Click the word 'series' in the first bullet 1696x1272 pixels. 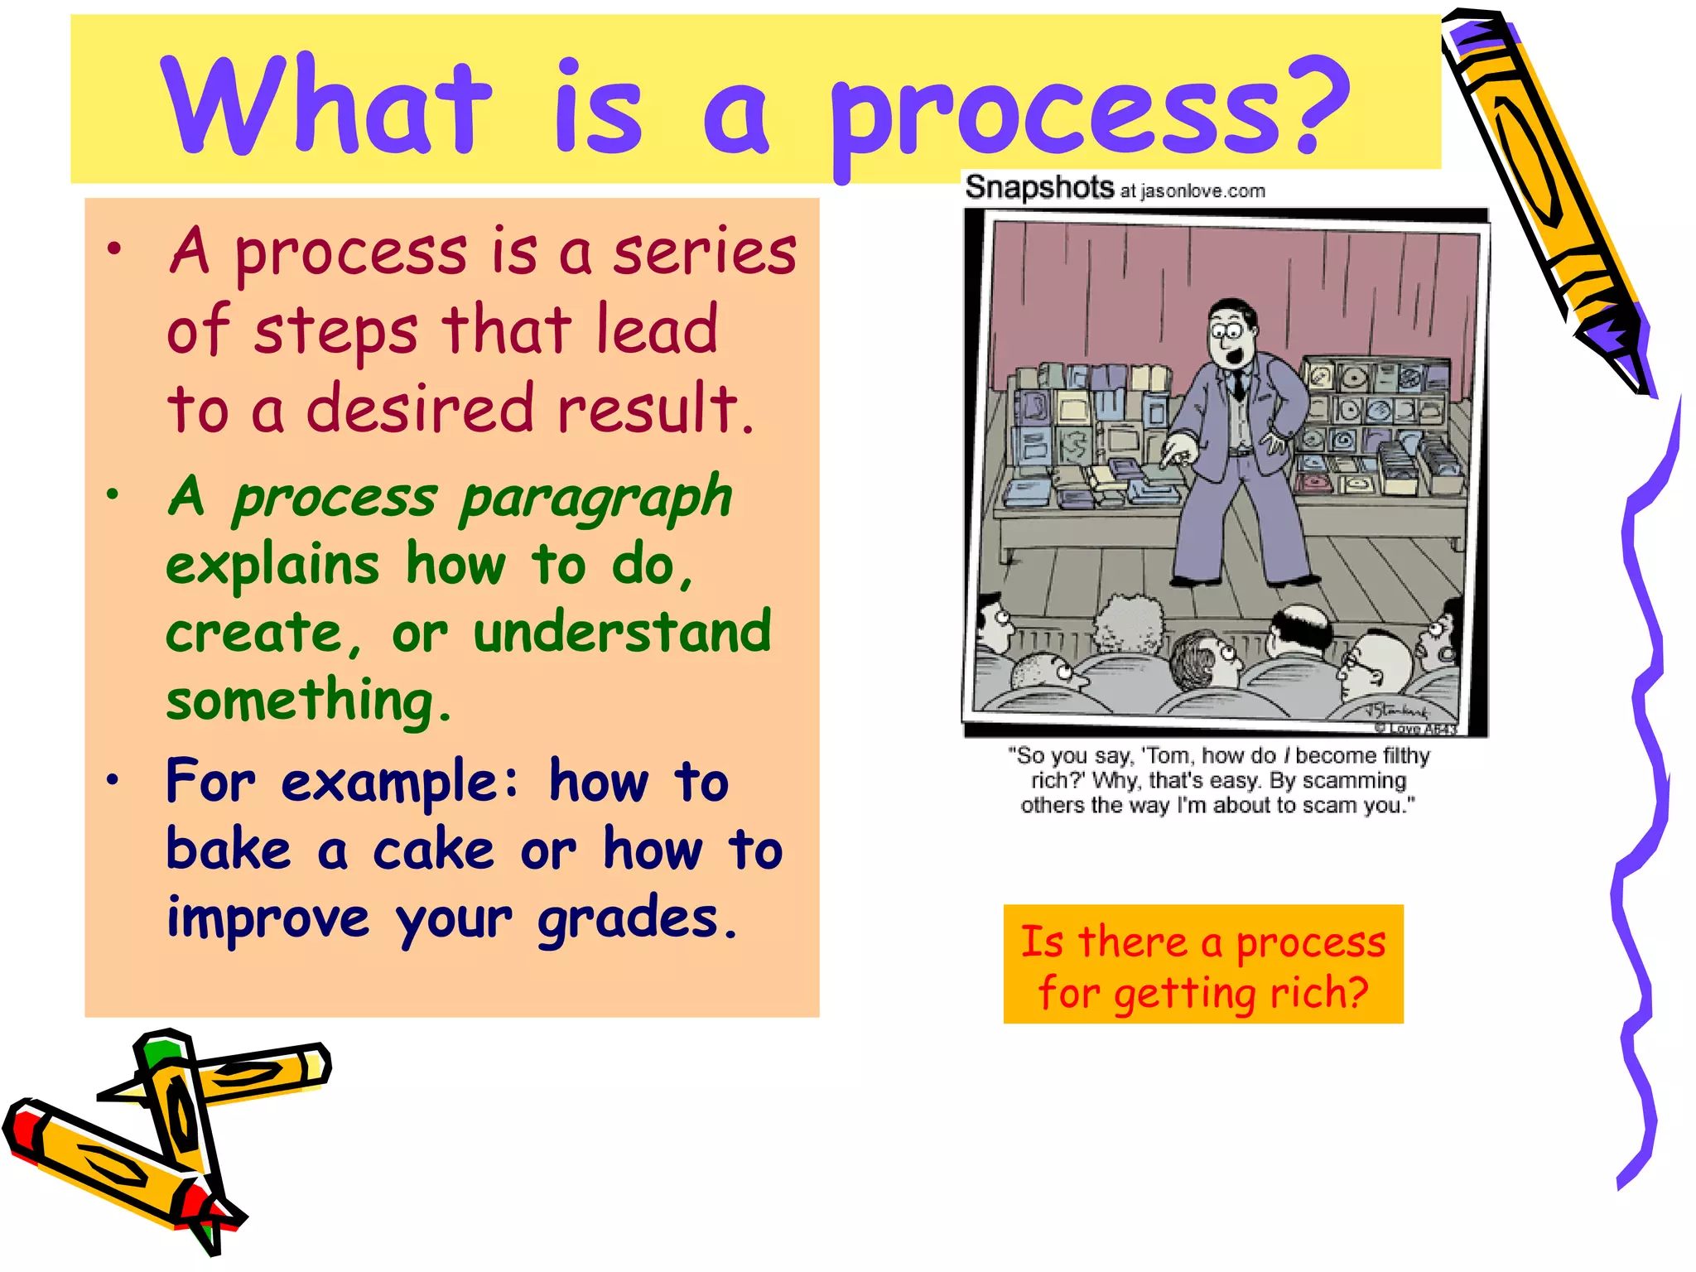(x=704, y=252)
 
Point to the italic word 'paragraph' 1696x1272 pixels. (x=595, y=499)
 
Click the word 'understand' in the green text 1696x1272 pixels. (x=622, y=632)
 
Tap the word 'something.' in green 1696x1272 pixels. (x=308, y=701)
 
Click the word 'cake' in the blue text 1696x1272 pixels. (x=433, y=850)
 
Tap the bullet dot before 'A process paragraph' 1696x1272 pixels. (x=113, y=495)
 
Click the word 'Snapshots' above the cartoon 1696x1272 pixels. (x=1039, y=188)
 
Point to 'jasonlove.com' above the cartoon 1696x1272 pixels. (x=1202, y=192)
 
